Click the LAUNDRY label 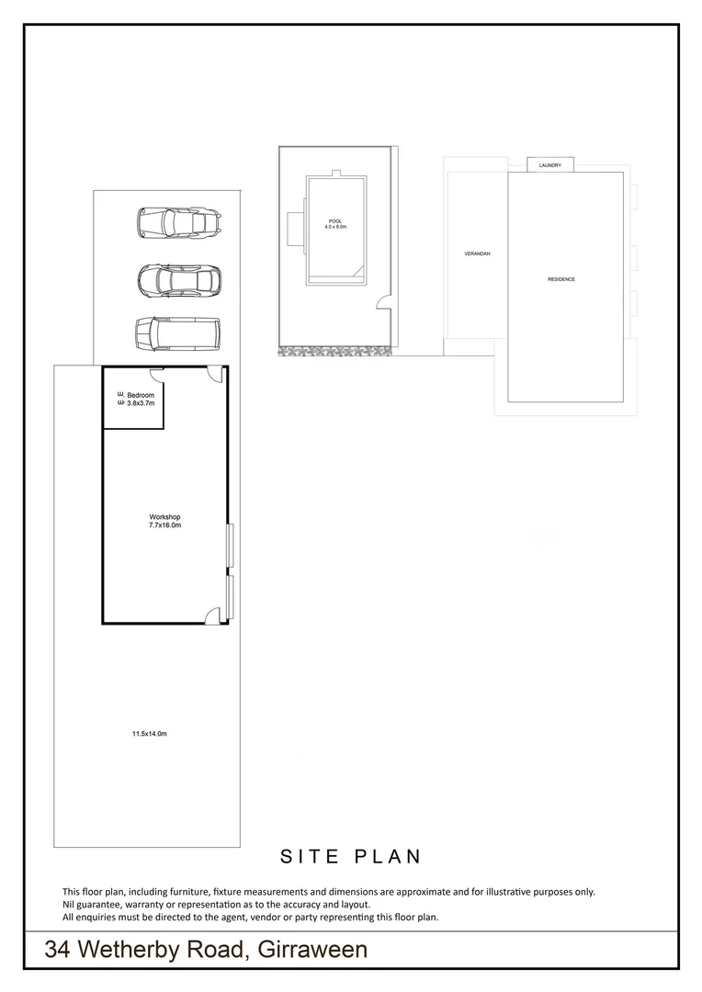[x=550, y=165]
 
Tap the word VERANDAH [x=477, y=253]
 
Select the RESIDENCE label [x=561, y=279]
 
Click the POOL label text [x=334, y=221]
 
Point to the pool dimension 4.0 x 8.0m [x=334, y=228]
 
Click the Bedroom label [x=141, y=395]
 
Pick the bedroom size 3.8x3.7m [x=141, y=403]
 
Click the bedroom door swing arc [x=157, y=371]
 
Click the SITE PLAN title [x=350, y=856]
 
